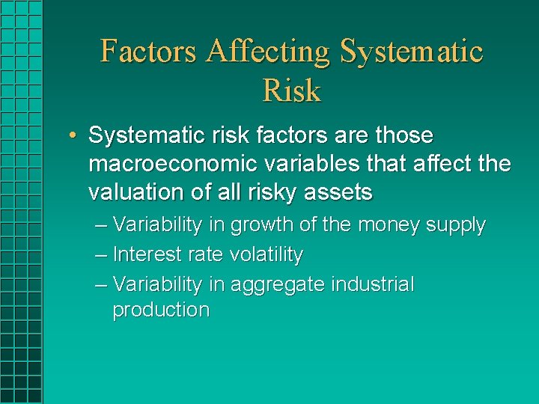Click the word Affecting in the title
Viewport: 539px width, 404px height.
269,52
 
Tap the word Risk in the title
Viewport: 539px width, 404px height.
291,91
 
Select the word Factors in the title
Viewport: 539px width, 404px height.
149,52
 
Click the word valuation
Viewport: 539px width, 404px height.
137,192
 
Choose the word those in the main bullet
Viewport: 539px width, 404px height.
404,135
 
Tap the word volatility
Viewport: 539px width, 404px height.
266,254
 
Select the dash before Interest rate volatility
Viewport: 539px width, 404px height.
101,255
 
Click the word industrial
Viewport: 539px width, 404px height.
372,284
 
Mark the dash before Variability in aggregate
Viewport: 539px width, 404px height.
101,285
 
